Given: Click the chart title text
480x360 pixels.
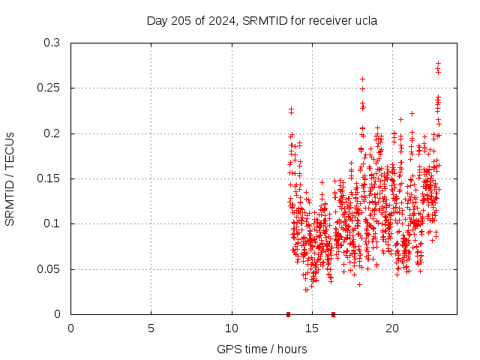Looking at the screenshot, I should (x=261, y=20).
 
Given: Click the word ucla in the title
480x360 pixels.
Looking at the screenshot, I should (x=364, y=20).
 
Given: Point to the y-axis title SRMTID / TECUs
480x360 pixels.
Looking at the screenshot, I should (x=10, y=178).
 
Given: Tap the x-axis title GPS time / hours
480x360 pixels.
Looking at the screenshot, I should (x=262, y=349).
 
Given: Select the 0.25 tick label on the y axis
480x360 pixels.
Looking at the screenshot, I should (x=51, y=88).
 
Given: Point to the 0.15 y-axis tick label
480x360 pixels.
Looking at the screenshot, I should (x=51, y=178).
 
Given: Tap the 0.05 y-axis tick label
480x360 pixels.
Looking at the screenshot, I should (x=51, y=268).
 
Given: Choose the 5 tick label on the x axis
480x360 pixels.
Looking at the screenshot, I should (x=151, y=328).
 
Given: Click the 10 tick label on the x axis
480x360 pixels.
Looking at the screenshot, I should (x=232, y=328).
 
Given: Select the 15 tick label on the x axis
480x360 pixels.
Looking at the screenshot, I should (x=312, y=328).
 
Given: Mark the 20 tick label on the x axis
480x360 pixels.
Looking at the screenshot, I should (x=392, y=328).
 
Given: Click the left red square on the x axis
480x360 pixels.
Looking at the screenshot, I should (x=288, y=314).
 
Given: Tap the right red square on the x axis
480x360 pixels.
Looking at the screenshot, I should (x=333, y=314).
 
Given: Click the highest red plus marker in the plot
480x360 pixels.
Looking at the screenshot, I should (x=438, y=64).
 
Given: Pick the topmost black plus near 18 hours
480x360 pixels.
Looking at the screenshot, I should (x=362, y=79).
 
